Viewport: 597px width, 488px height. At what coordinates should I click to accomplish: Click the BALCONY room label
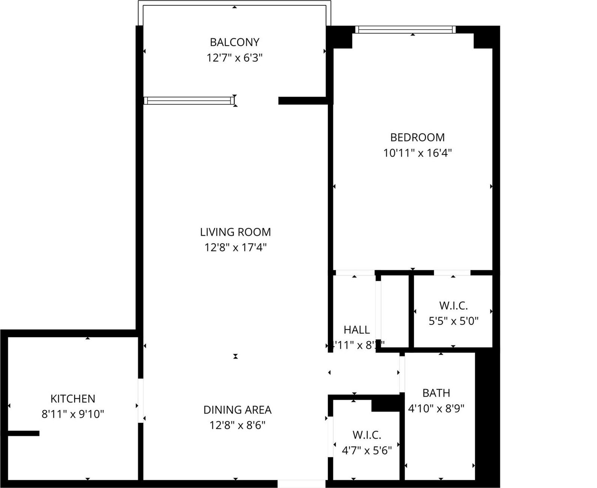(234, 42)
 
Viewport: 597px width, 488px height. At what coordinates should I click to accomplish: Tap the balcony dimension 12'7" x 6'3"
(234, 58)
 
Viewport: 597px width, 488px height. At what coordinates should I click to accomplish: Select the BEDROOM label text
(417, 137)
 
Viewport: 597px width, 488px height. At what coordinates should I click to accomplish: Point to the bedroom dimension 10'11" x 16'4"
(417, 153)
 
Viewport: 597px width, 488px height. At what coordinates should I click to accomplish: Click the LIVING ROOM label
(235, 232)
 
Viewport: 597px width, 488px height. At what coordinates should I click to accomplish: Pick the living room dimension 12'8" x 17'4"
(235, 248)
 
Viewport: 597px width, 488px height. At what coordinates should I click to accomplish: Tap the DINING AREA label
(237, 410)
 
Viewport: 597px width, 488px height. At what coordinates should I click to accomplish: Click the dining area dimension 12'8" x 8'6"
(237, 425)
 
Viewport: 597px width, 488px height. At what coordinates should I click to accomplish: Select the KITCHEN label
(73, 398)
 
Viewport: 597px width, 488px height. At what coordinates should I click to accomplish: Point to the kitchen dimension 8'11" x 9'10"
(73, 414)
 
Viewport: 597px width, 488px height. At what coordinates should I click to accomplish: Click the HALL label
(357, 330)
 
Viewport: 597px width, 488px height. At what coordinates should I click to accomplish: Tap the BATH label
(436, 393)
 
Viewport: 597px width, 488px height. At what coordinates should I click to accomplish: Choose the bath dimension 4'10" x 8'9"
(436, 408)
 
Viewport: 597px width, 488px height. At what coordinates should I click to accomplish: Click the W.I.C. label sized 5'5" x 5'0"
(453, 306)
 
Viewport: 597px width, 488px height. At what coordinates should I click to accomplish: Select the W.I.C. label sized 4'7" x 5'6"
(367, 435)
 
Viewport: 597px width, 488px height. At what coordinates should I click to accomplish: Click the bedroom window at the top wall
(405, 30)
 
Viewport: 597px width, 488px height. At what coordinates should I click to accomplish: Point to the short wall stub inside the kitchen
(23, 433)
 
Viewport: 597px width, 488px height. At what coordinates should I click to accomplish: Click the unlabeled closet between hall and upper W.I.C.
(395, 312)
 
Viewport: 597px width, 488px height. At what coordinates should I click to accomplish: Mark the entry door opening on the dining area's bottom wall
(301, 484)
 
